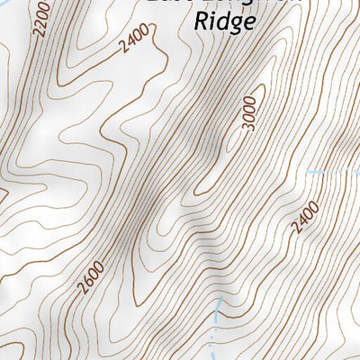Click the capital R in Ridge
(201, 22)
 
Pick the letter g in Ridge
(231, 25)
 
